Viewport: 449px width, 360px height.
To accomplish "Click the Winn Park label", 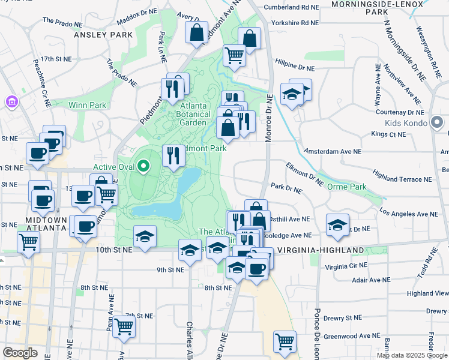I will coord(88,105).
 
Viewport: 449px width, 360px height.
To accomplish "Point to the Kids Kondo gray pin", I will coord(437,124).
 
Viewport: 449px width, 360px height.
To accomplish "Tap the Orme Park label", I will coord(346,187).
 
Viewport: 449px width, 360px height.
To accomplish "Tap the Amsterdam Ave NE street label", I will coord(333,152).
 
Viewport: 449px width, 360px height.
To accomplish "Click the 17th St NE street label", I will coord(56,60).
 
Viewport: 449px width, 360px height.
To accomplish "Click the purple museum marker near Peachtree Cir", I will coord(11,103).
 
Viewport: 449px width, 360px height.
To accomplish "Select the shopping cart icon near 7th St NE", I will coord(124,326).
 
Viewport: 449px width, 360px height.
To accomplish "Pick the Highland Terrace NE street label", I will coord(402,179).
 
